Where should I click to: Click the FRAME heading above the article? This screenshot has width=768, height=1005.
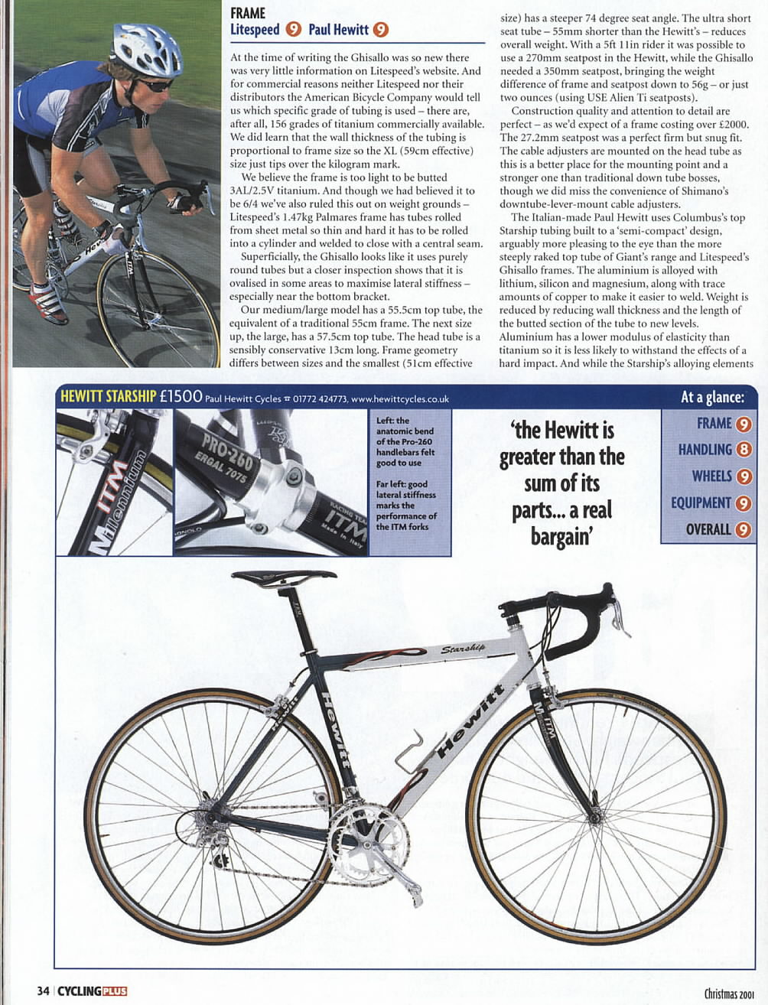pos(248,13)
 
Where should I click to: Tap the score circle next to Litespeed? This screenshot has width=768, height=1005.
pos(293,30)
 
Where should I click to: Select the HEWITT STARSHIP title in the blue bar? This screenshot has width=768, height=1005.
pos(108,397)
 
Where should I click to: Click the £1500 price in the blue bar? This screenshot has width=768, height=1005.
pos(181,397)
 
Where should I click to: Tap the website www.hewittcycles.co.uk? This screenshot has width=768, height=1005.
pos(400,398)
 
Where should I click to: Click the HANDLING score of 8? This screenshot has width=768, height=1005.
pos(744,450)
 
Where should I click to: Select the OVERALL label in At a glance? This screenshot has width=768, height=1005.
pos(708,529)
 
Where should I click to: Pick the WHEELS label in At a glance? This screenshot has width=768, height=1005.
pos(711,476)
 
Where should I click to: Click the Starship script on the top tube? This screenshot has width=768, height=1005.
pos(463,649)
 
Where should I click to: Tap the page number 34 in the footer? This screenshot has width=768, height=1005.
pos(43,990)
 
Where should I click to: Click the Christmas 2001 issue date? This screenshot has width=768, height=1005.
pos(730,994)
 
